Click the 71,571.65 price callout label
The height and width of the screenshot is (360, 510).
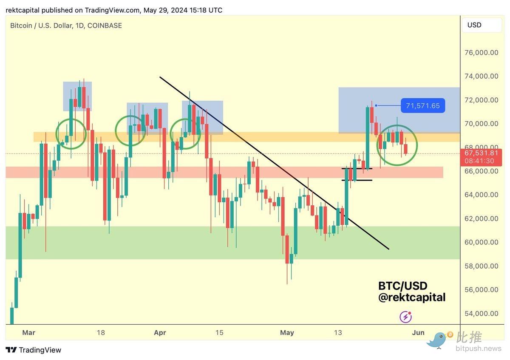point(423,105)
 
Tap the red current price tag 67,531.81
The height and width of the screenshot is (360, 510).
point(481,153)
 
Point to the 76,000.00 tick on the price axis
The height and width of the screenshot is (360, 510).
point(481,53)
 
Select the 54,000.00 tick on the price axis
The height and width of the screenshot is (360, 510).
point(481,313)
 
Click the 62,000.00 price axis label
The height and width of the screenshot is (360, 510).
point(481,218)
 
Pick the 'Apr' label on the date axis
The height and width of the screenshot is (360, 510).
point(160,332)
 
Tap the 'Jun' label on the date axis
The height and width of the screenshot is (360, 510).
point(418,332)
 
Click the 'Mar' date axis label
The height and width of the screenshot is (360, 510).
point(28,332)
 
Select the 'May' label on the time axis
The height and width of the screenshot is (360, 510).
point(287,332)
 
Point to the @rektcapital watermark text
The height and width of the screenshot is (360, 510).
point(412,298)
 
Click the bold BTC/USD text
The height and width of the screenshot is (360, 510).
point(402,286)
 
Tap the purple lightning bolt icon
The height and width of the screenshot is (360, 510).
point(406,317)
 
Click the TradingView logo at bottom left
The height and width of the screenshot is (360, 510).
point(34,350)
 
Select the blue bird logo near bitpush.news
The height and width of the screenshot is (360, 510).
point(438,340)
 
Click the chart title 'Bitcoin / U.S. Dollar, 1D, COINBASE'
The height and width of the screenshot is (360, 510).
point(66,26)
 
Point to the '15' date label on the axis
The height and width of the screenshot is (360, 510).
point(219,332)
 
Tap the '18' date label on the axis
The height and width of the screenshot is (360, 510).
point(100,332)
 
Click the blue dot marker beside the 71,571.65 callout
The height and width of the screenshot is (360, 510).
point(376,105)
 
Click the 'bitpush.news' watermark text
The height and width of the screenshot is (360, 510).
point(478,349)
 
